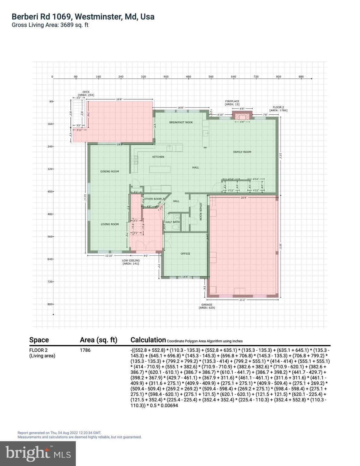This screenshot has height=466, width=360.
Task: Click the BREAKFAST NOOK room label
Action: coord(181,122)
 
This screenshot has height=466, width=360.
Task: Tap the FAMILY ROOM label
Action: coord(242,152)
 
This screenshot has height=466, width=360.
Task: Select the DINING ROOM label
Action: coord(109,171)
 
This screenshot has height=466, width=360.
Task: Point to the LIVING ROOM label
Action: coord(109,224)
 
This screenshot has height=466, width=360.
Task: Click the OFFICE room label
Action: coord(185,254)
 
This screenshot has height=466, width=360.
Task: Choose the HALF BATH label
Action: coord(172,222)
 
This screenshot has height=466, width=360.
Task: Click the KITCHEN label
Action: coord(158,157)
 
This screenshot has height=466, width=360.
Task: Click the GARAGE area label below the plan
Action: coord(207,306)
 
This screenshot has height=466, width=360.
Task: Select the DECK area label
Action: coord(86,93)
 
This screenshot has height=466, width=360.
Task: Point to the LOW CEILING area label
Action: coord(131,262)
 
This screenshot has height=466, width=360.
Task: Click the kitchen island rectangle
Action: coord(160,169)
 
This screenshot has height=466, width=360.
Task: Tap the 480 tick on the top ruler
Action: coord(188,77)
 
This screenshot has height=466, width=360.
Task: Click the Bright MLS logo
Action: coord(38,453)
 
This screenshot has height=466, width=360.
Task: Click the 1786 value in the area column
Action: coord(85,350)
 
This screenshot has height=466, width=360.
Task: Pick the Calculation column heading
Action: coord(148,340)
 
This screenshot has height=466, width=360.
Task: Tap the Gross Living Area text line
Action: coord(50,25)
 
